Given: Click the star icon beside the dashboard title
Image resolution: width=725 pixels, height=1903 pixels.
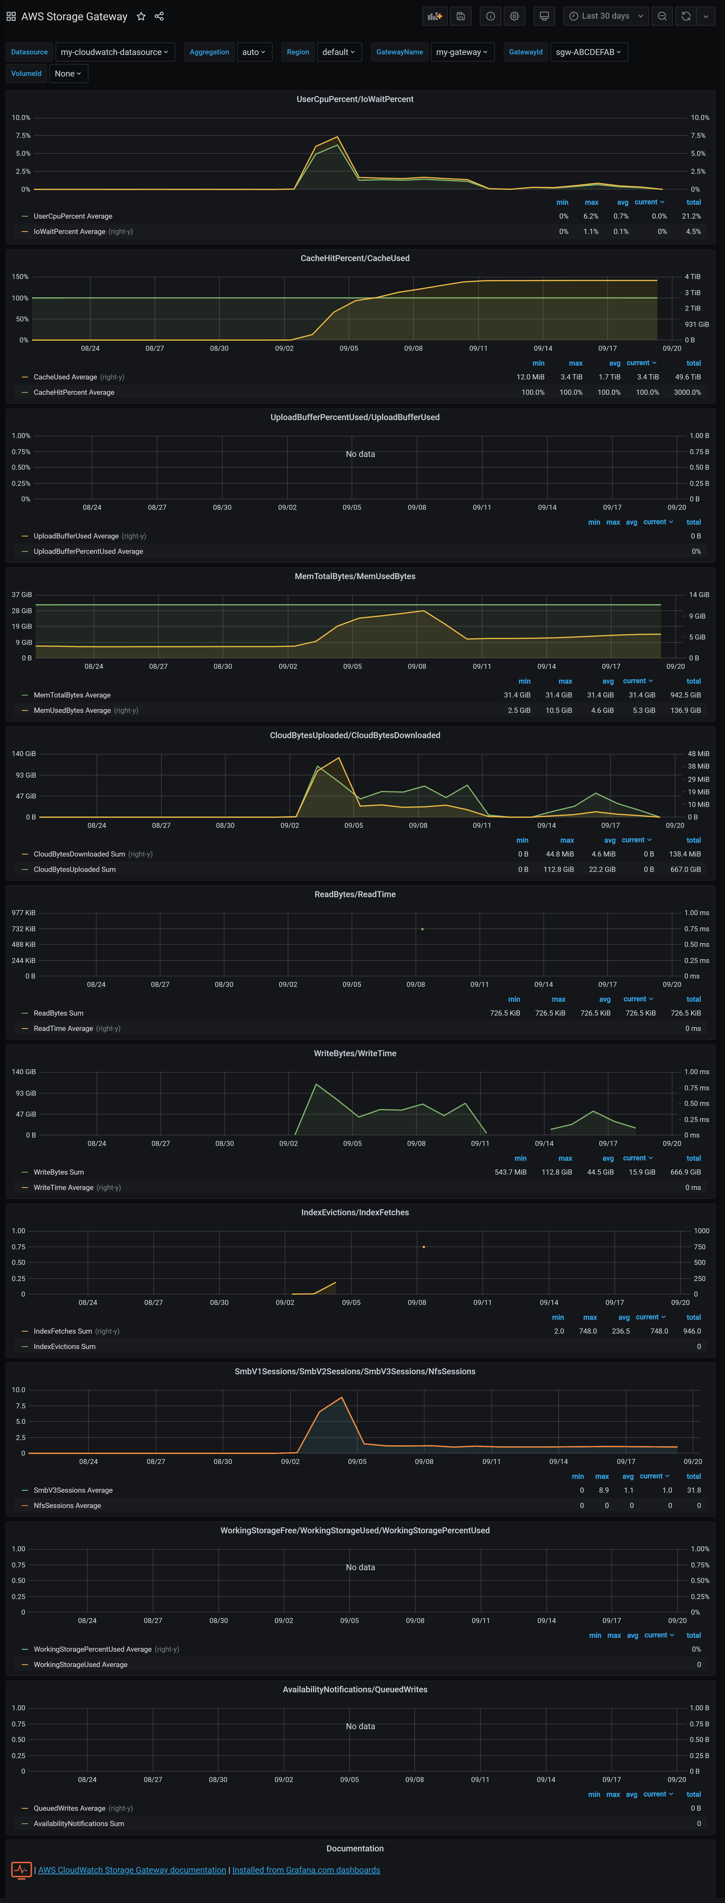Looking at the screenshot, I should click(141, 16).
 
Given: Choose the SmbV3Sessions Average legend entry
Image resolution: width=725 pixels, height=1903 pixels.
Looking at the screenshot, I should click(73, 1490).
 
